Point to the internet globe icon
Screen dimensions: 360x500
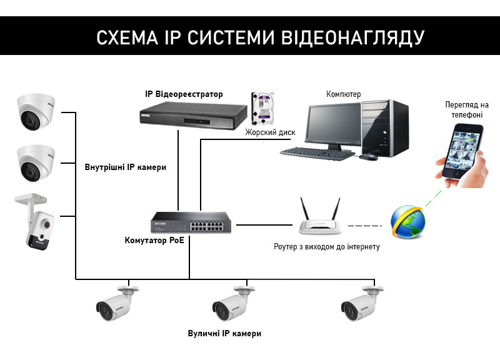point(407,221)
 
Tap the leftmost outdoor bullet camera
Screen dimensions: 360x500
point(116,306)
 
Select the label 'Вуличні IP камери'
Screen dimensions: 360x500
point(224,334)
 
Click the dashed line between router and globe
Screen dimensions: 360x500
point(364,224)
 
